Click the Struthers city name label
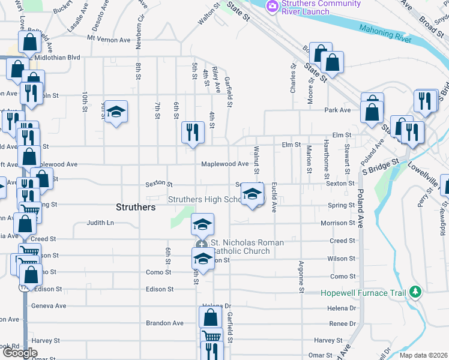pos(135,207)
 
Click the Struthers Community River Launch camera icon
pos(273,5)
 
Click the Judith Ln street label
pos(100,223)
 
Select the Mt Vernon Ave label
pos(108,40)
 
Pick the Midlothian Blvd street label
pos(58,57)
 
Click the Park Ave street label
pos(337,110)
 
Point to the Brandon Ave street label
pos(164,323)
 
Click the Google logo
pos(20,353)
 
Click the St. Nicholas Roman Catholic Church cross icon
pos(202,244)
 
